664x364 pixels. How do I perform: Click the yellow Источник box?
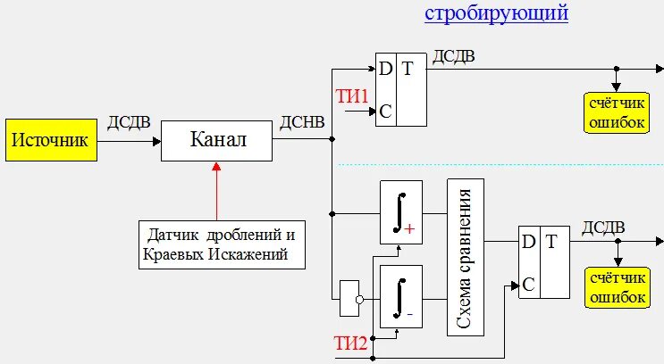(x=49, y=140)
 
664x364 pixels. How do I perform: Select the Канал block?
(x=217, y=140)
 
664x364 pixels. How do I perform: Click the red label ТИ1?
(x=351, y=95)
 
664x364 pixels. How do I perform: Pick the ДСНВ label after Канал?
(x=302, y=122)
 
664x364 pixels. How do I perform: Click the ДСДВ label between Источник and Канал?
(x=129, y=122)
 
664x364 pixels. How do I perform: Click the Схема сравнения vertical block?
(x=465, y=257)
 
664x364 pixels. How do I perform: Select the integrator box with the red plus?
(x=400, y=211)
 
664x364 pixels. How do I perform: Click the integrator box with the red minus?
(x=400, y=295)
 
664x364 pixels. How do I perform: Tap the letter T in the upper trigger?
(x=408, y=69)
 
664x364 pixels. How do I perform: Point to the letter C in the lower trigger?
(x=528, y=285)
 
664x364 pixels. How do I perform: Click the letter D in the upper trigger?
(x=385, y=69)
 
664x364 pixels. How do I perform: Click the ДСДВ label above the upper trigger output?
(x=454, y=56)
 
